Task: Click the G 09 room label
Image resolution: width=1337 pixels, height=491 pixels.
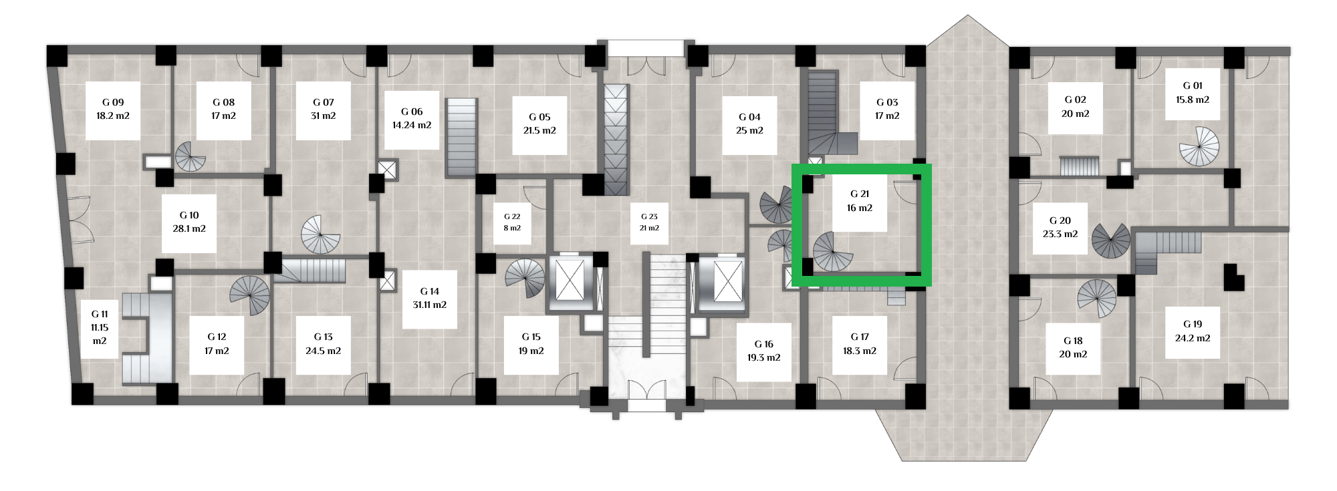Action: click(113, 110)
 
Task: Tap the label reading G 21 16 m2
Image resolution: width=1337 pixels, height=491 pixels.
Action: click(860, 201)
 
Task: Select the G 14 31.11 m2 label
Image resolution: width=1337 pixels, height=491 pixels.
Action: click(430, 299)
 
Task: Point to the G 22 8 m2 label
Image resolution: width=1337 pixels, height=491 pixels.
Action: click(512, 222)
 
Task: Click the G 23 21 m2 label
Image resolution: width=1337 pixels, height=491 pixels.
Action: click(649, 222)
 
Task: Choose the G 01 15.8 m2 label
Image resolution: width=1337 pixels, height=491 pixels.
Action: click(1193, 93)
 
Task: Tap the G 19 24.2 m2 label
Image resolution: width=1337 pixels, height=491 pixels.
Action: click(1193, 331)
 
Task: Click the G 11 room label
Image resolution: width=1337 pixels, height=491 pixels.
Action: click(100, 327)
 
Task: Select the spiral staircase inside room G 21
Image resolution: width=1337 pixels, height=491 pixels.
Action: click(833, 251)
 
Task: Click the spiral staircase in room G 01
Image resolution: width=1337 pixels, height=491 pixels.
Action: click(1199, 146)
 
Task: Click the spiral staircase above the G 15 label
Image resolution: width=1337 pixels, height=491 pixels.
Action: click(525, 279)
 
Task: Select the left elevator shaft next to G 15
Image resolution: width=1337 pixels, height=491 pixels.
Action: click(570, 282)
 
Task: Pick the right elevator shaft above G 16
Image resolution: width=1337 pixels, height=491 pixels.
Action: click(723, 282)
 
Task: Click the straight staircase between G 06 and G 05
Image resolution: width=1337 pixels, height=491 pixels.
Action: click(461, 138)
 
